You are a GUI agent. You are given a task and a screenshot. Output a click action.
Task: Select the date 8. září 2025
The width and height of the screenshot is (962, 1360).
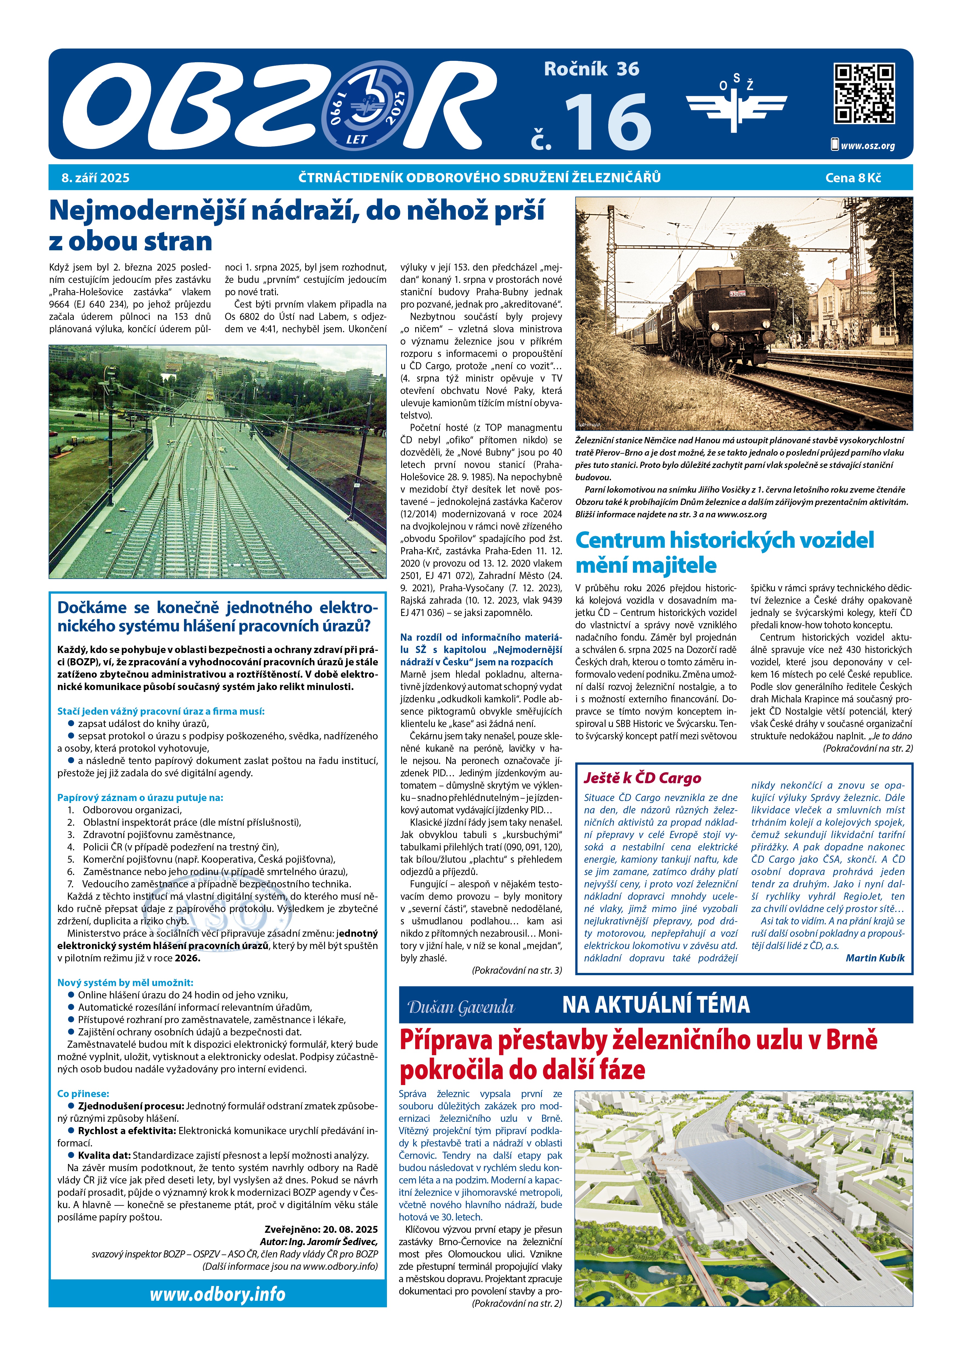point(95,178)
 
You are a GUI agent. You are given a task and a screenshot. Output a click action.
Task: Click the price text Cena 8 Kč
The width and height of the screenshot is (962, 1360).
point(852,178)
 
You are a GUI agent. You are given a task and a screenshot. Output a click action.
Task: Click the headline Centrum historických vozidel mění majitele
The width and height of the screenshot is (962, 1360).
point(724,552)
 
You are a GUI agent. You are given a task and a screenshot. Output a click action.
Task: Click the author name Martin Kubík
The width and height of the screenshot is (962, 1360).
point(875,958)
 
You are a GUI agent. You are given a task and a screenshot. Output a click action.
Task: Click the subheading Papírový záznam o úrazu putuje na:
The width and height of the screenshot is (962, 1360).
point(140,797)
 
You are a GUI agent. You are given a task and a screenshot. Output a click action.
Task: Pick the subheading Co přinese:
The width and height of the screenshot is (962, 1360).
point(83,1094)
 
